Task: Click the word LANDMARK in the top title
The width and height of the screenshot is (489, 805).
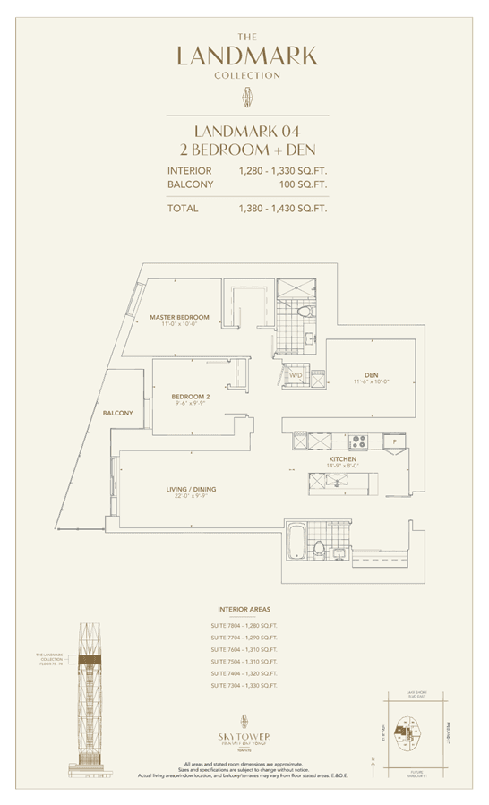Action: point(247,56)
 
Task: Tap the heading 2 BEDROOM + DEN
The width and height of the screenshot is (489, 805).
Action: point(246,149)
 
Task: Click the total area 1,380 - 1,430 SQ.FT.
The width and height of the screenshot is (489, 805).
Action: point(283,208)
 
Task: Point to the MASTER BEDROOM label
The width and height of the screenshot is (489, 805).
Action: point(179,318)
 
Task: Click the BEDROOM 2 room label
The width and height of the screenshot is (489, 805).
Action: point(191,396)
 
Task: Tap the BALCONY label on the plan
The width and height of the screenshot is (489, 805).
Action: point(117,413)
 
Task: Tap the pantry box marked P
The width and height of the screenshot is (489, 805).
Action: point(393,441)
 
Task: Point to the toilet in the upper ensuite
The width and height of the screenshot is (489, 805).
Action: point(306,313)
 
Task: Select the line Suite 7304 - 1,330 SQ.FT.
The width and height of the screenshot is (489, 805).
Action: point(244,684)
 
